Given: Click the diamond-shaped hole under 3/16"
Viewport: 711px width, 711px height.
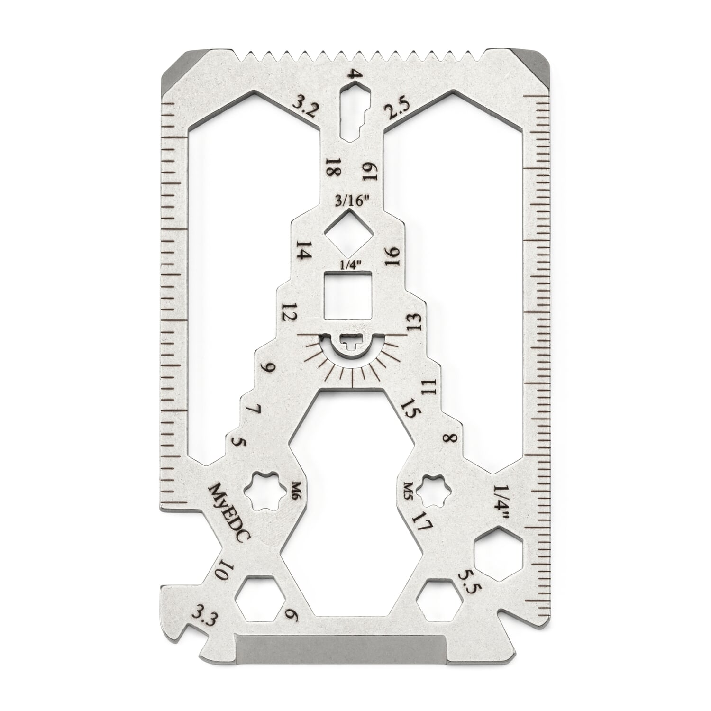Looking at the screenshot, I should click(351, 232).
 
